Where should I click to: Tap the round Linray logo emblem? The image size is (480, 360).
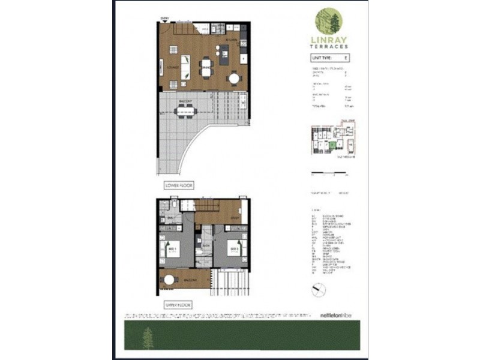[x=329, y=22]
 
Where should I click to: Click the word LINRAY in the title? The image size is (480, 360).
[x=328, y=41]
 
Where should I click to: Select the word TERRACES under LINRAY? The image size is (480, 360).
[x=328, y=47]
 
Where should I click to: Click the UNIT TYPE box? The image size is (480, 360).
[x=328, y=58]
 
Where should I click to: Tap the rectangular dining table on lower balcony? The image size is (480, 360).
[x=185, y=109]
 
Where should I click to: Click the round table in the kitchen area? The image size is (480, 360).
[x=233, y=77]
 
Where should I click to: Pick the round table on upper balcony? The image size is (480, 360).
[x=170, y=280]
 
